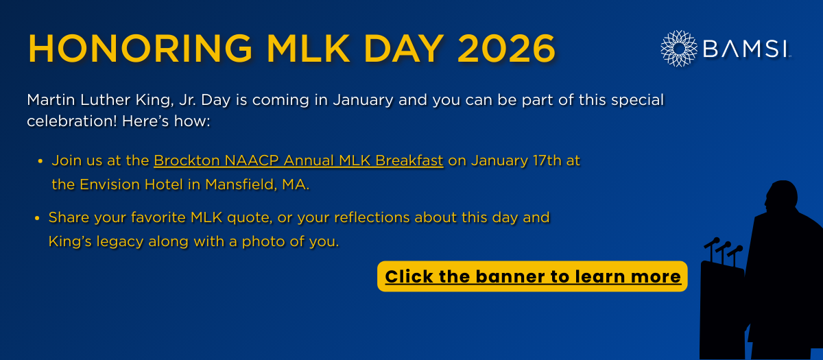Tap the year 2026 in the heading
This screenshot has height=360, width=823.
click(x=506, y=49)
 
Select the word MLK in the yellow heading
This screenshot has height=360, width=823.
click(x=309, y=49)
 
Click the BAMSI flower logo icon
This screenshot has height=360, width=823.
click(x=679, y=49)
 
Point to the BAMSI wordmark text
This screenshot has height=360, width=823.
click(x=746, y=49)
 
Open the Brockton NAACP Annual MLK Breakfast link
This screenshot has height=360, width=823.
click(x=298, y=160)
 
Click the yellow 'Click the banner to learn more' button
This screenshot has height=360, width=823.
click(x=532, y=276)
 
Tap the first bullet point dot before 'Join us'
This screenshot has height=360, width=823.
click(x=40, y=161)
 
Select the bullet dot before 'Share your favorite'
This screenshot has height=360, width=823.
click(x=37, y=218)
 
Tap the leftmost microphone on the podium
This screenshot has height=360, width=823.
click(x=712, y=243)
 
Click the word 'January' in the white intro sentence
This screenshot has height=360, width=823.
click(x=363, y=100)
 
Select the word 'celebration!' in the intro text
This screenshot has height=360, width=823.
click(x=72, y=121)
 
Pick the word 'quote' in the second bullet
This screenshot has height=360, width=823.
click(x=250, y=218)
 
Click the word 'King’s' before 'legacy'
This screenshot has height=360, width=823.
click(x=70, y=241)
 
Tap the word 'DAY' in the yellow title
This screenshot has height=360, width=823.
click(x=403, y=49)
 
